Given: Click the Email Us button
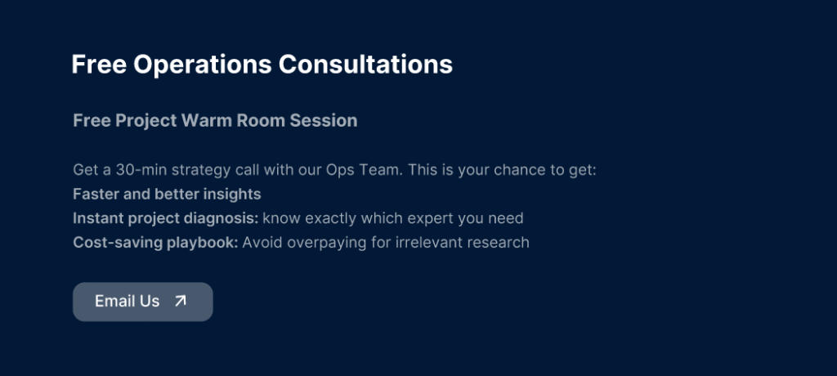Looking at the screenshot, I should coord(142,302).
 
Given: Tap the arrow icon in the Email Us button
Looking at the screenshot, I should coord(181,301).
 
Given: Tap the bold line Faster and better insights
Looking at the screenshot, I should coord(167,195).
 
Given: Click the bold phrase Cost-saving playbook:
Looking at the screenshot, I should coord(155,243).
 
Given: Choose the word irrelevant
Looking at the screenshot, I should coord(423,243).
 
